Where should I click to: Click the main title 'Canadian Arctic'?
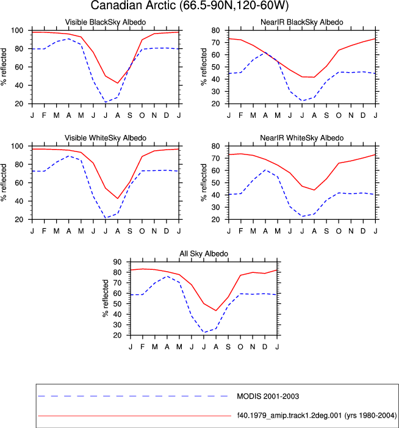(134, 5)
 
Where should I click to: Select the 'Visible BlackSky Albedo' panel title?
(106, 22)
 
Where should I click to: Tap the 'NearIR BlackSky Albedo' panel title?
(301, 22)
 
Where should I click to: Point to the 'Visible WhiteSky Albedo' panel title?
(106, 138)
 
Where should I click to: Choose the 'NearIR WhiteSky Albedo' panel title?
(301, 138)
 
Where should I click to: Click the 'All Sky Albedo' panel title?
(204, 254)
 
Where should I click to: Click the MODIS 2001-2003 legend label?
(268, 396)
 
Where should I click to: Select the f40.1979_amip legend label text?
(317, 415)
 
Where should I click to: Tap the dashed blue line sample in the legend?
(133, 396)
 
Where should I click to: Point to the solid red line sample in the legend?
(135, 416)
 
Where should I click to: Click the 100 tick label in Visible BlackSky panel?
(17, 31)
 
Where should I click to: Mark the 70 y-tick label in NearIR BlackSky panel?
(216, 43)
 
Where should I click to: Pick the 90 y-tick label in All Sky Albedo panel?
(117, 262)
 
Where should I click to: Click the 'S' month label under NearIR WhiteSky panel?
(326, 231)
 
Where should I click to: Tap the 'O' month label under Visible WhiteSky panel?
(142, 231)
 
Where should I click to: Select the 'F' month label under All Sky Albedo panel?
(142, 347)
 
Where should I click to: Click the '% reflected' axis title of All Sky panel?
(106, 298)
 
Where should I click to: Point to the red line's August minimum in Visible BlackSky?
(118, 83)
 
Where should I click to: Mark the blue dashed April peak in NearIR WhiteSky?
(265, 170)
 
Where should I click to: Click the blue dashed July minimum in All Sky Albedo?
(204, 333)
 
